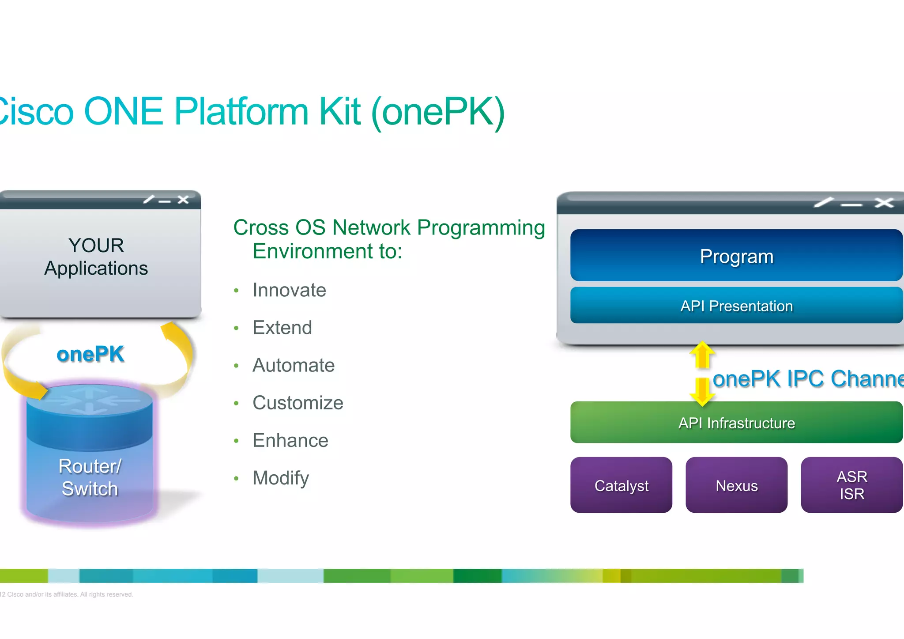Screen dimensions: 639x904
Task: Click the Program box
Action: pos(736,256)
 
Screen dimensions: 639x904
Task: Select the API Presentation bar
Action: pos(736,306)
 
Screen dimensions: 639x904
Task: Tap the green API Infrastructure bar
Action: pos(736,423)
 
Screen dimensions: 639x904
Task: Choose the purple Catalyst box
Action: pos(621,485)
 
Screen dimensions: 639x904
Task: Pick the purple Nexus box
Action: pos(736,485)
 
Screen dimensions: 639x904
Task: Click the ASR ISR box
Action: pos(851,485)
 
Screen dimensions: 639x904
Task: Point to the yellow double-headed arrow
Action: pos(702,374)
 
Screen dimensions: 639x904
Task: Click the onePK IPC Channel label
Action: pos(808,379)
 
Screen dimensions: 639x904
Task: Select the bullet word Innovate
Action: pos(289,290)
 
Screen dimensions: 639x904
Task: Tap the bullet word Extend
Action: pos(282,328)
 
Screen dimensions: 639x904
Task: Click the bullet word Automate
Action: pos(294,365)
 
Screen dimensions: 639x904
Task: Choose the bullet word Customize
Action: pos(298,403)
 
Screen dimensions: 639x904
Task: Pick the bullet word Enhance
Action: pos(290,440)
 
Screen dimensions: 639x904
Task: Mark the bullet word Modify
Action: pos(281,478)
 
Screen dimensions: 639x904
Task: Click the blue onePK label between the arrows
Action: pos(90,354)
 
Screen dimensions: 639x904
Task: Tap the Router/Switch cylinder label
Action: pos(90,477)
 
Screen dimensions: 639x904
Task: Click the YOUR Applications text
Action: pos(96,257)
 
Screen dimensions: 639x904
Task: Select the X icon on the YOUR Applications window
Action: pos(183,200)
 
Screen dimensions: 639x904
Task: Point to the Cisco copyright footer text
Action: pos(66,594)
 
